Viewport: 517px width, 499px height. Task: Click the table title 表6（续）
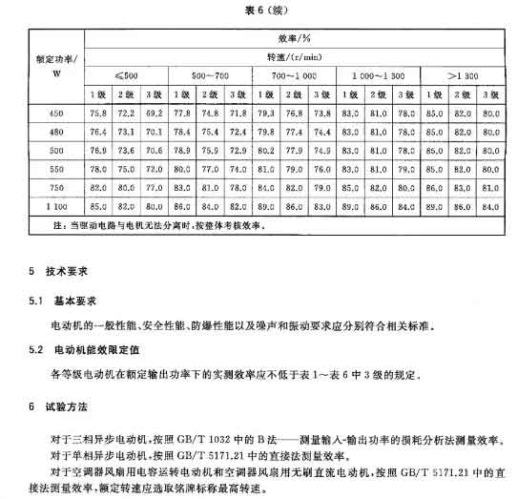(x=259, y=10)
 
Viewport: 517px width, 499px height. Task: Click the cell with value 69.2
(x=155, y=113)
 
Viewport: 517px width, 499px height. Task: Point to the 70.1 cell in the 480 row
(x=155, y=131)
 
